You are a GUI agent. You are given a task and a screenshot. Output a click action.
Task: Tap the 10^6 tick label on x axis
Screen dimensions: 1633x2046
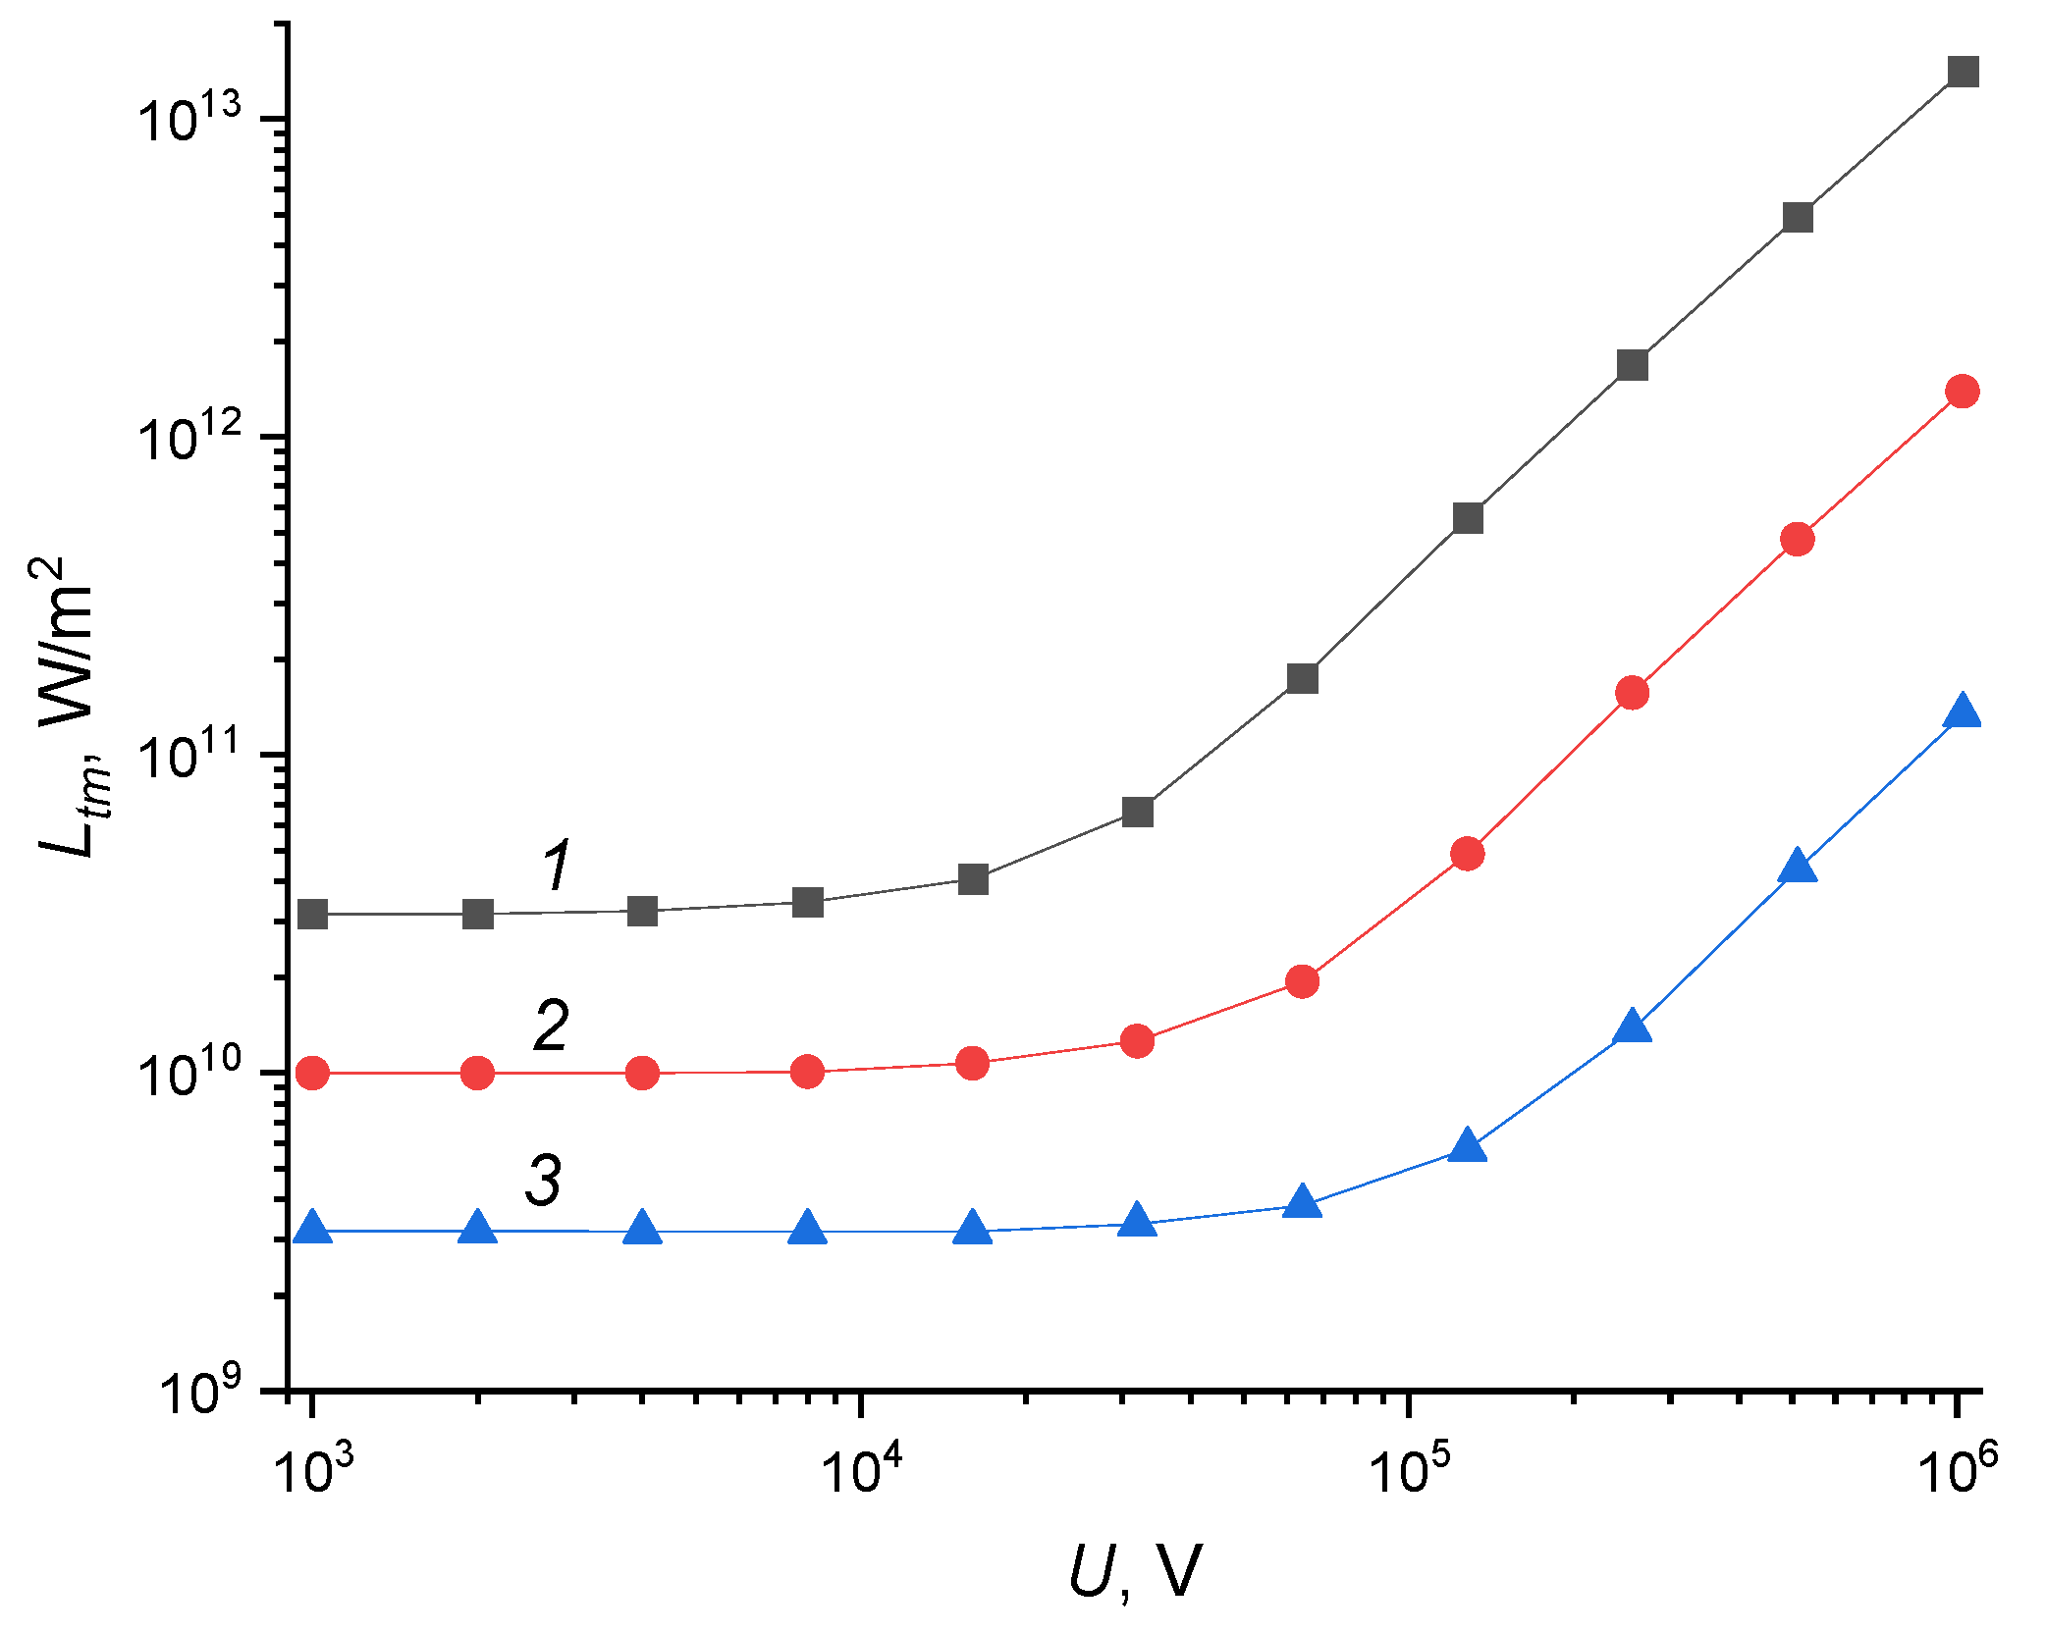[1960, 1468]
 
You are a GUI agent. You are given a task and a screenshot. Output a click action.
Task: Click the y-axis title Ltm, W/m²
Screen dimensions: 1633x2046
[69, 707]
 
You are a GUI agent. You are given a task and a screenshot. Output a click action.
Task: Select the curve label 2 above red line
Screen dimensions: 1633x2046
[552, 1026]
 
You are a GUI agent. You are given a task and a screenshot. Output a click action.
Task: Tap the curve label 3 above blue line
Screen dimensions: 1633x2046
[543, 1180]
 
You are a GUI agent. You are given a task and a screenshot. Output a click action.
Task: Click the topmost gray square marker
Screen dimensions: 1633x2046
[1963, 72]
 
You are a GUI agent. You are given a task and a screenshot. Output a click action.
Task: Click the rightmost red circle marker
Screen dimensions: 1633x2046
[1963, 392]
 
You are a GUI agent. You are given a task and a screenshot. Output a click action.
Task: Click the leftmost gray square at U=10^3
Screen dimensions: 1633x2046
[312, 915]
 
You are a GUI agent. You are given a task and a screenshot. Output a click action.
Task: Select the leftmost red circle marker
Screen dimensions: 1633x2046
[312, 1074]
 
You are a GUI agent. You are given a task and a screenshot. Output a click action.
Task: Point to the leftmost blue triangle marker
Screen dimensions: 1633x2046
[312, 1229]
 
